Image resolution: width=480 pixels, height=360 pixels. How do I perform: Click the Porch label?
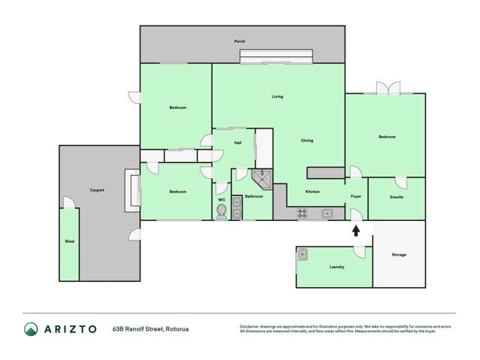240,41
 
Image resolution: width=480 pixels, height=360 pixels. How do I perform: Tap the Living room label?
277,96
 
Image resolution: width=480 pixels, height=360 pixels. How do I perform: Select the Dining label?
306,141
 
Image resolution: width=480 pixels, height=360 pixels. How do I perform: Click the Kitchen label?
312,192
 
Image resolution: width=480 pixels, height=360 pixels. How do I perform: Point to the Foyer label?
356,197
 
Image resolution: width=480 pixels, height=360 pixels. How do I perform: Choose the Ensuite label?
397,197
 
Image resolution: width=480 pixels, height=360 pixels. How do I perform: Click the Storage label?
399,255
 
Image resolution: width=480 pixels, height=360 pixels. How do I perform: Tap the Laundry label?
337,267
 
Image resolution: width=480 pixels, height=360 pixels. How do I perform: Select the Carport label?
97,190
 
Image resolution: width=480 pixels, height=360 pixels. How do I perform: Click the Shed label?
69,242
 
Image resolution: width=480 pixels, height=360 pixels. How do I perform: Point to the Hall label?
237,142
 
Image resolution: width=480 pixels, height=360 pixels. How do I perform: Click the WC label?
222,200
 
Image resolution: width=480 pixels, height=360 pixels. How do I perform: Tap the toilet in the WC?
222,211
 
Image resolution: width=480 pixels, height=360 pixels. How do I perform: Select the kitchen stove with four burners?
303,213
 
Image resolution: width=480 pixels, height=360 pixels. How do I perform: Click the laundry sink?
303,254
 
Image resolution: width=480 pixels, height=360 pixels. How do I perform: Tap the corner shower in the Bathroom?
261,179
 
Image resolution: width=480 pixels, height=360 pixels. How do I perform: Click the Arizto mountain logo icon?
31,328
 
